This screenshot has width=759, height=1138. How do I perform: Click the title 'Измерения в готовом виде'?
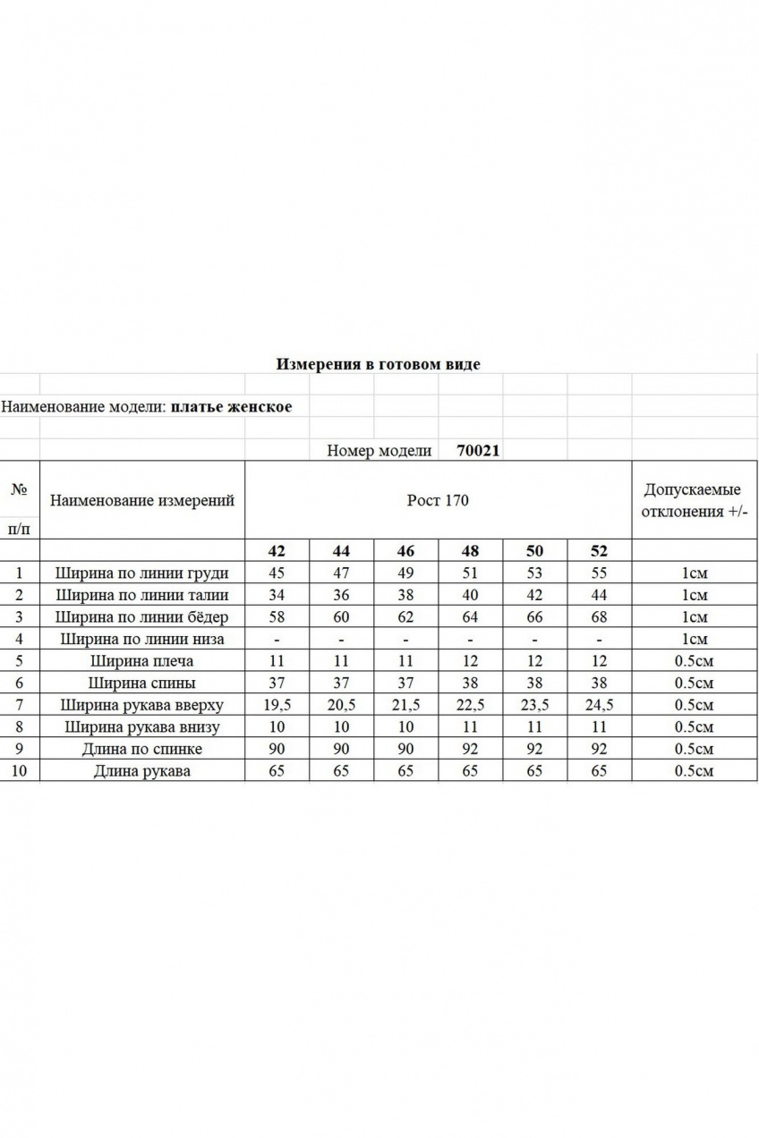tap(378, 364)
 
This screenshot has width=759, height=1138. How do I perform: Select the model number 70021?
tap(478, 451)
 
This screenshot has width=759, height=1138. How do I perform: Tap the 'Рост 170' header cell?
tap(437, 500)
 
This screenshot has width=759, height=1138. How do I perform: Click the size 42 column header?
tap(277, 551)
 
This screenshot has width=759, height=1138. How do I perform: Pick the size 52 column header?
tap(599, 551)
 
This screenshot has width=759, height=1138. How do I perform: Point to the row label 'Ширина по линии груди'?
tap(141, 573)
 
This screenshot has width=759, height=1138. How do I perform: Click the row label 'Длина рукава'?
tap(141, 771)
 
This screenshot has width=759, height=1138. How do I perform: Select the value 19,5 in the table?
tap(277, 705)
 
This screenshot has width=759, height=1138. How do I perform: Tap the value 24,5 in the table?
tap(599, 705)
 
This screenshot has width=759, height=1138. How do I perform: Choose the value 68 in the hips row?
tap(599, 617)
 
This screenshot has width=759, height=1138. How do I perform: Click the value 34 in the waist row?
tap(277, 595)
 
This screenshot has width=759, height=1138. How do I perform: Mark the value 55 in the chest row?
tap(599, 573)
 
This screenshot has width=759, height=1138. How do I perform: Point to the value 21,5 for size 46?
tap(405, 705)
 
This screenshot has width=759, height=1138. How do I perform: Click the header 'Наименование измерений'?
tap(141, 500)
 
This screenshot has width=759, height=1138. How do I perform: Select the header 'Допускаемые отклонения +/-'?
tap(692, 501)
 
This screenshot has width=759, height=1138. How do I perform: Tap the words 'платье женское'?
tap(231, 407)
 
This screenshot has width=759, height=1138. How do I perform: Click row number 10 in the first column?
tap(20, 771)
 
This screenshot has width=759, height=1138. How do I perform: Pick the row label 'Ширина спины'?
tap(141, 684)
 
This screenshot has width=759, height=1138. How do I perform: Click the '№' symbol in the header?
tap(20, 489)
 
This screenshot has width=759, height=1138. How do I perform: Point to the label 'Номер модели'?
tap(379, 451)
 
